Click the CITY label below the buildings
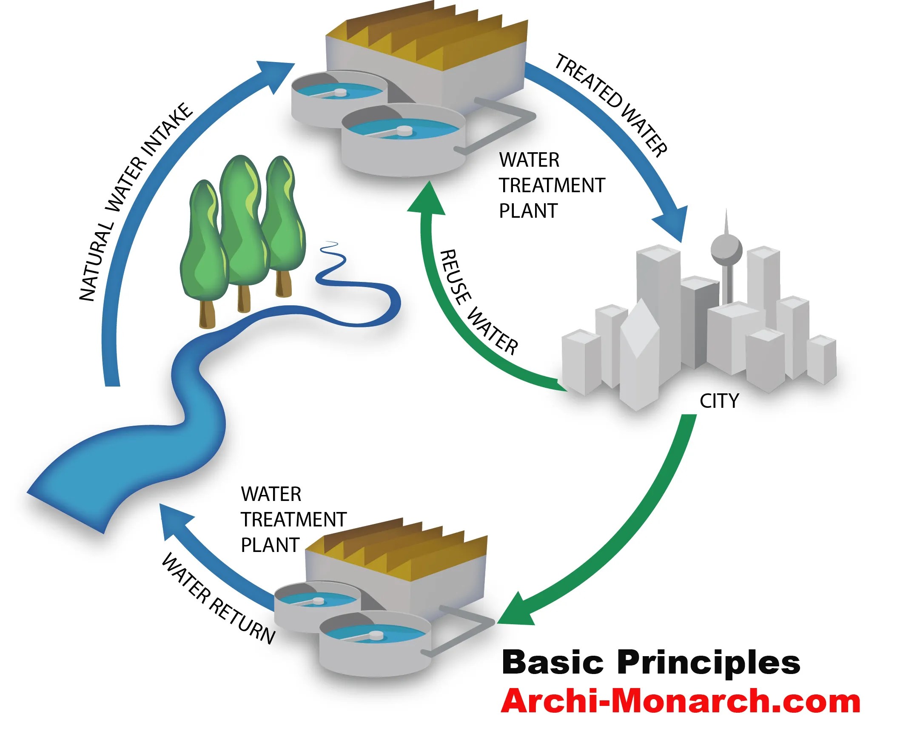[719, 401]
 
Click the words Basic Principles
[651, 663]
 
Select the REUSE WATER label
[478, 302]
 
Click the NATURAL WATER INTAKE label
[135, 201]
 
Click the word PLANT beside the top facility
[528, 211]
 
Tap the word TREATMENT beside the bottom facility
[293, 520]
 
